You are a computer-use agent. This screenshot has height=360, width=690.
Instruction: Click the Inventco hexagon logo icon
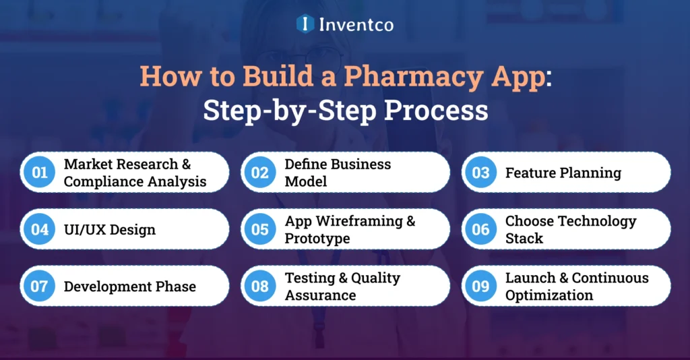(x=305, y=24)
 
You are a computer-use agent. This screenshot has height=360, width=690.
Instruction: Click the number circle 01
(x=40, y=173)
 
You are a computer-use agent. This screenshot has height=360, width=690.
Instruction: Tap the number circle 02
(x=260, y=173)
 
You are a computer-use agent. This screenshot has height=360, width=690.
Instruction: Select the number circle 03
(x=480, y=173)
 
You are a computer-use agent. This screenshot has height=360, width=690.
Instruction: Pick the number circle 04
(x=40, y=229)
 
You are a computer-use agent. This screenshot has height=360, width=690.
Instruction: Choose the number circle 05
(x=260, y=229)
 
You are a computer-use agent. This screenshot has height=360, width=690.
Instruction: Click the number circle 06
(x=480, y=229)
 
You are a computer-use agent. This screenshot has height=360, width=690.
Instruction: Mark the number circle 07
(x=40, y=286)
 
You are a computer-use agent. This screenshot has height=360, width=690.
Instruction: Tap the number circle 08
(x=260, y=286)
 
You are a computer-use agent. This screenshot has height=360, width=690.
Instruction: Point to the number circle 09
(x=480, y=286)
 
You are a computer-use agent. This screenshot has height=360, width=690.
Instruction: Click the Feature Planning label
(x=563, y=173)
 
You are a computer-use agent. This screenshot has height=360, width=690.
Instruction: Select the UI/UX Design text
(x=110, y=229)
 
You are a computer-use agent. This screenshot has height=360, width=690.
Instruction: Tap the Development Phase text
(x=130, y=286)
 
